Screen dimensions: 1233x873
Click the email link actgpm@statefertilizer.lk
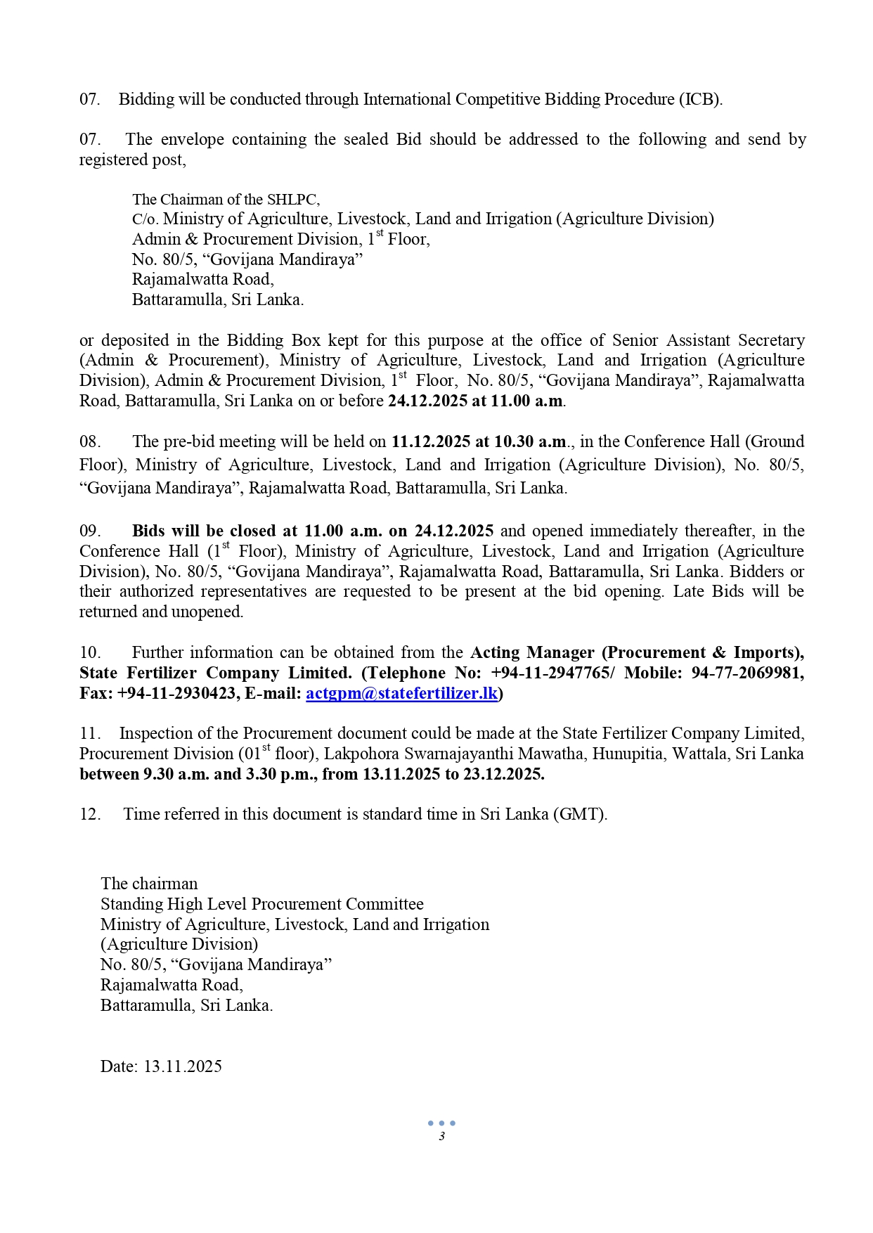pos(401,693)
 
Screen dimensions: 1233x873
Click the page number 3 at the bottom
pos(441,1137)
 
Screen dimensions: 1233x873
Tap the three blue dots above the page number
pos(441,1123)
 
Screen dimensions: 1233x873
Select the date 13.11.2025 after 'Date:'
pos(183,1066)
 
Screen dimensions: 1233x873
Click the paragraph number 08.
pos(90,441)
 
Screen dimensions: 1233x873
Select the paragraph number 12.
pos(90,814)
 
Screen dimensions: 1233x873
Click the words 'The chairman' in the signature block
pos(149,884)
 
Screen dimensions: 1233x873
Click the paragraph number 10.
pos(90,652)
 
